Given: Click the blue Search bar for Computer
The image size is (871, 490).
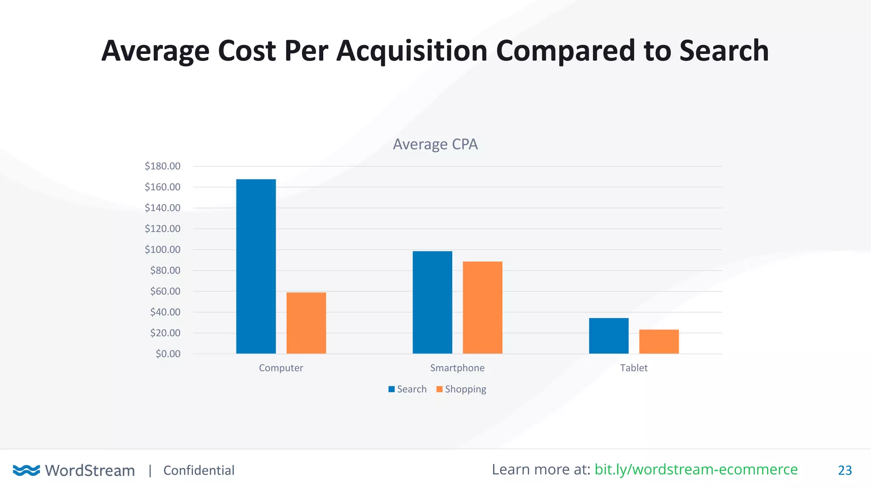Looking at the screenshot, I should (256, 266).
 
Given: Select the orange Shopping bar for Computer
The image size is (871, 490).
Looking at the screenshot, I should (306, 323).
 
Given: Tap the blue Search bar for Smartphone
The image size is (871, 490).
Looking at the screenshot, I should (432, 302).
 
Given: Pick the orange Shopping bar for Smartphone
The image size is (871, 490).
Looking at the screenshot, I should (482, 307).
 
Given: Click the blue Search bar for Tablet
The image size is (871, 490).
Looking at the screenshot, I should (608, 336).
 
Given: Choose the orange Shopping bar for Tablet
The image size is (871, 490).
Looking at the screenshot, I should (658, 341).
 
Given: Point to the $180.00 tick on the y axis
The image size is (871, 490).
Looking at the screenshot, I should (162, 166).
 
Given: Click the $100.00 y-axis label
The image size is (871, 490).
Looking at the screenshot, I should (162, 250).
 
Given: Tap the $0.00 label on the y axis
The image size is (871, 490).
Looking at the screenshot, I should (168, 354).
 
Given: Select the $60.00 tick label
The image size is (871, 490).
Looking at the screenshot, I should (165, 291).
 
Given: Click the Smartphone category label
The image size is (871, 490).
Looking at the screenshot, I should (457, 368).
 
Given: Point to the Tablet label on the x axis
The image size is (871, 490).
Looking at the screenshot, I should (633, 368).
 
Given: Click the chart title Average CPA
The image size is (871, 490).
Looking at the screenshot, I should (435, 144).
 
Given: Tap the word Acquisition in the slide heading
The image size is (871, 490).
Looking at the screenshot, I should (411, 51).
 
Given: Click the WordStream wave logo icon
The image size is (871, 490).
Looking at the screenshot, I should (26, 470).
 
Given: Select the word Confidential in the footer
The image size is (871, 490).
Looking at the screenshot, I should (199, 470).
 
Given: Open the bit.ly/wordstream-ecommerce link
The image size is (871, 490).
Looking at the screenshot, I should (696, 470).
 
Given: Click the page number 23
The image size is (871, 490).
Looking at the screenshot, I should (845, 470).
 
